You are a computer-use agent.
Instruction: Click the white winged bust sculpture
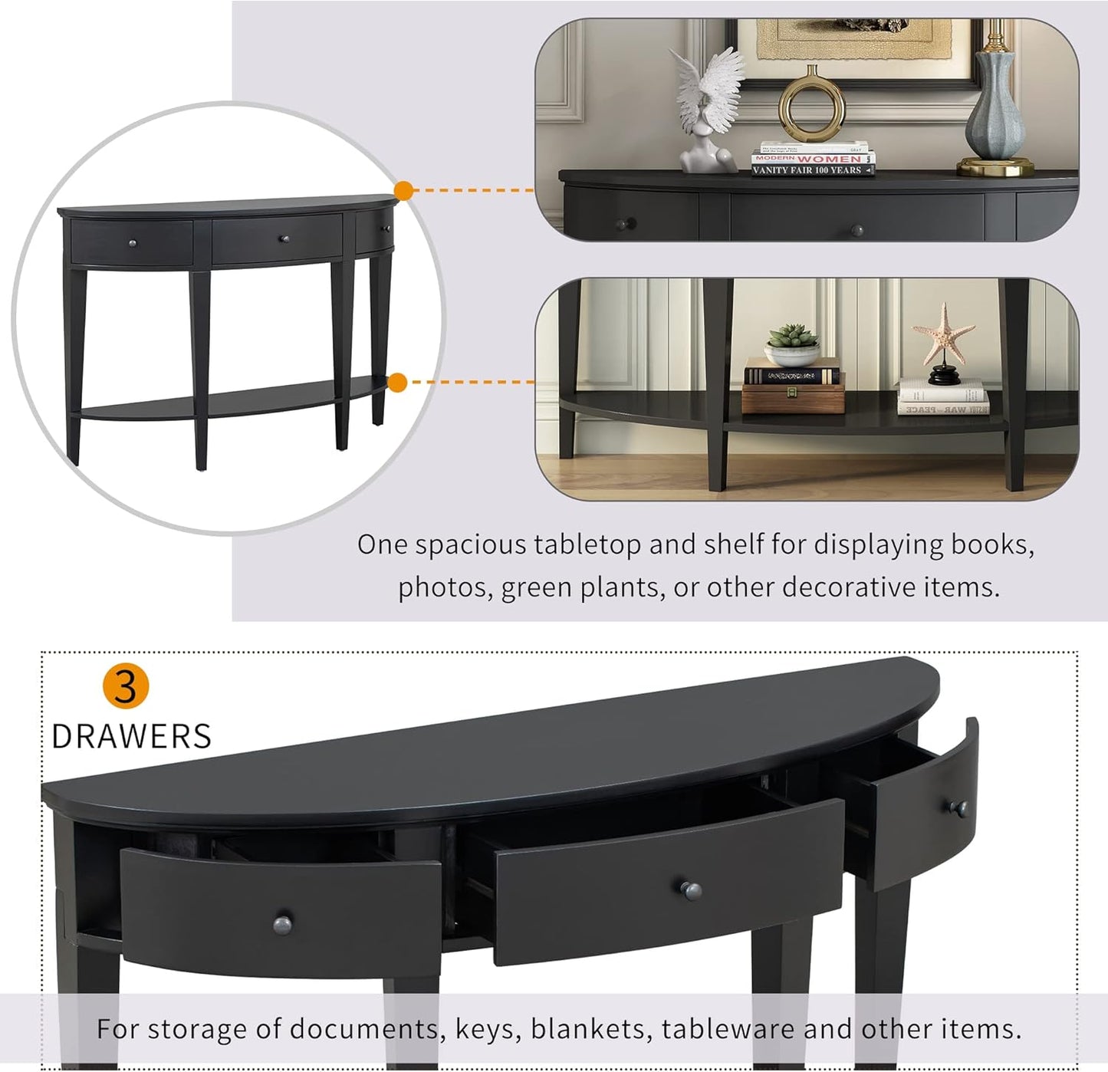tap(709, 107)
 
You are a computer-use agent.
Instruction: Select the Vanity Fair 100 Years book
tap(812, 170)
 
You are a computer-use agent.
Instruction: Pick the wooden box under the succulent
tap(793, 399)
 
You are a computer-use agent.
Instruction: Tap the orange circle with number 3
tap(125, 686)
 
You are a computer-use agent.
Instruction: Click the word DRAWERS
tap(131, 737)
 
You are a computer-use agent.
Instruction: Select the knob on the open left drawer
tap(282, 924)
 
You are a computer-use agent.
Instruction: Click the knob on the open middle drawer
tap(691, 890)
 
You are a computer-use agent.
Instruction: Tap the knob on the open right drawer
tap(958, 807)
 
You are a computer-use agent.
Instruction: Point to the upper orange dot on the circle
tap(403, 190)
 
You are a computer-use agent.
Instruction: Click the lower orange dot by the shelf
tap(397, 382)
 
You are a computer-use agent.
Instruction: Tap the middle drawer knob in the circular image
tap(283, 239)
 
